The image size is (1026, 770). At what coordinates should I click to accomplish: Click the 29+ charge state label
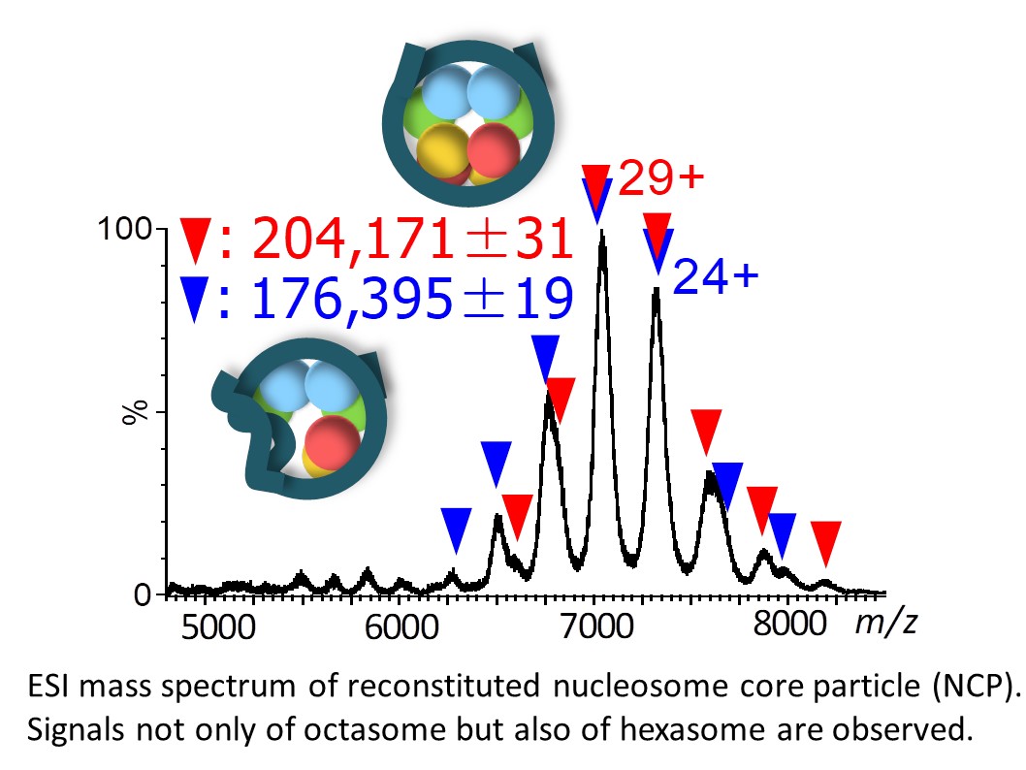coord(659,179)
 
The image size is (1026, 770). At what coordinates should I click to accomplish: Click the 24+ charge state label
coord(715,277)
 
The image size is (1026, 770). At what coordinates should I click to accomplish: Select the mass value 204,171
coord(354,240)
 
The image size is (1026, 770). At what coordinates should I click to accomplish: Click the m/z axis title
coord(885,623)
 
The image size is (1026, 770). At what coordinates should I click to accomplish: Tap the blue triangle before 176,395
coord(194,300)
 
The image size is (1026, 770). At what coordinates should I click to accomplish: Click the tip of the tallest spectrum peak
coord(602,233)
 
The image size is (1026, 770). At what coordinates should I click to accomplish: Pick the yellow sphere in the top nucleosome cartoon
coord(443,150)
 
